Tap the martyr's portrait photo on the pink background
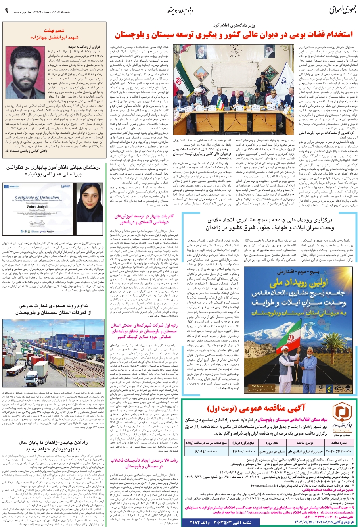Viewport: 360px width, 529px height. point(25,72)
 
